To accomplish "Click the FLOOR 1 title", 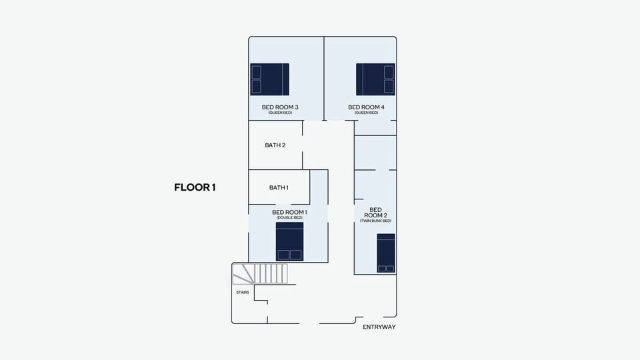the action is point(195,187).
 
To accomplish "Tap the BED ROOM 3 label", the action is point(280,107).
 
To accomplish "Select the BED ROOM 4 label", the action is point(366,107).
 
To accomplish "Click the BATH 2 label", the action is point(275,145).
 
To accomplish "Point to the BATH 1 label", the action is point(279,187).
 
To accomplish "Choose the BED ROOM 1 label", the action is point(290,212).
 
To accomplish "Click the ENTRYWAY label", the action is point(379,327).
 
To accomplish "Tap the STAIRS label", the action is point(243,293).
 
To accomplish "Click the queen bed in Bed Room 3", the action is point(270,79).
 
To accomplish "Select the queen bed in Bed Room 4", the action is point(375,79).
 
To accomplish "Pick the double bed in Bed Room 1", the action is point(290,241).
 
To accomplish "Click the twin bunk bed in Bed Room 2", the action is point(386,253).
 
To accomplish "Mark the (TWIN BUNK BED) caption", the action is point(375,221).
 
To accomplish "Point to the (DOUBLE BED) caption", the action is point(290,217).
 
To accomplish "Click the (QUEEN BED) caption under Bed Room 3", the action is point(280,113).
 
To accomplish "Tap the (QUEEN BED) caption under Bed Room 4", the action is point(366,113).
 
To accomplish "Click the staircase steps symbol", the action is point(260,274).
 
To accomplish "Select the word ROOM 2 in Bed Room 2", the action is point(375,215).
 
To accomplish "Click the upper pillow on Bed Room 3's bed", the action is point(256,72).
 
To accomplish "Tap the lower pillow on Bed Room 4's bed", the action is point(389,87).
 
